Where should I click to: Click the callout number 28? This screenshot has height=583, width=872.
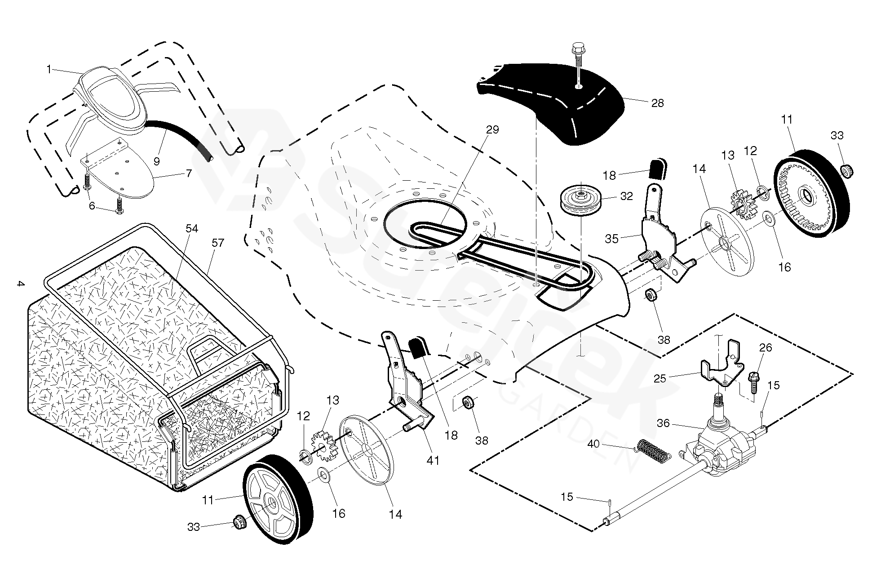coord(657,103)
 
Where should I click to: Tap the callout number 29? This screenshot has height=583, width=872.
coord(492,129)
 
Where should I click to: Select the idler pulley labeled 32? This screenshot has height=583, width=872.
coord(581,201)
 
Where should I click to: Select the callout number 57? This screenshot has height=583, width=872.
coord(217,243)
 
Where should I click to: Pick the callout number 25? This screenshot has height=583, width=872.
coord(660,379)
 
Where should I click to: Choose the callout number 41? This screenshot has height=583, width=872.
coord(433,460)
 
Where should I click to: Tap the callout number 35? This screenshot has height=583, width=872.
coord(611,239)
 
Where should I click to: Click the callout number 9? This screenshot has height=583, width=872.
coord(156,161)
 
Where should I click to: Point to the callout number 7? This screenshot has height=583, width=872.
coord(189,173)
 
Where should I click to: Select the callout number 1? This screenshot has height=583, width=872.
coord(49,70)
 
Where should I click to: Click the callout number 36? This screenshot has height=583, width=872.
coord(663,423)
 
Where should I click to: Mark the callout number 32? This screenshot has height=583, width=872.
coord(626,196)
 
